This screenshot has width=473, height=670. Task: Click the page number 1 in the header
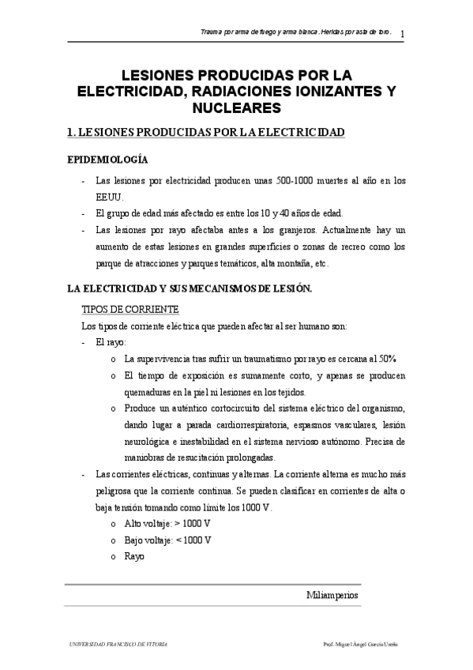(403, 34)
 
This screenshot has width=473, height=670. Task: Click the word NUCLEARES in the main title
(236, 107)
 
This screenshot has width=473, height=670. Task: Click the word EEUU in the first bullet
(108, 197)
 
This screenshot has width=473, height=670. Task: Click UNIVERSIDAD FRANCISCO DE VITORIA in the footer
(119, 644)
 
